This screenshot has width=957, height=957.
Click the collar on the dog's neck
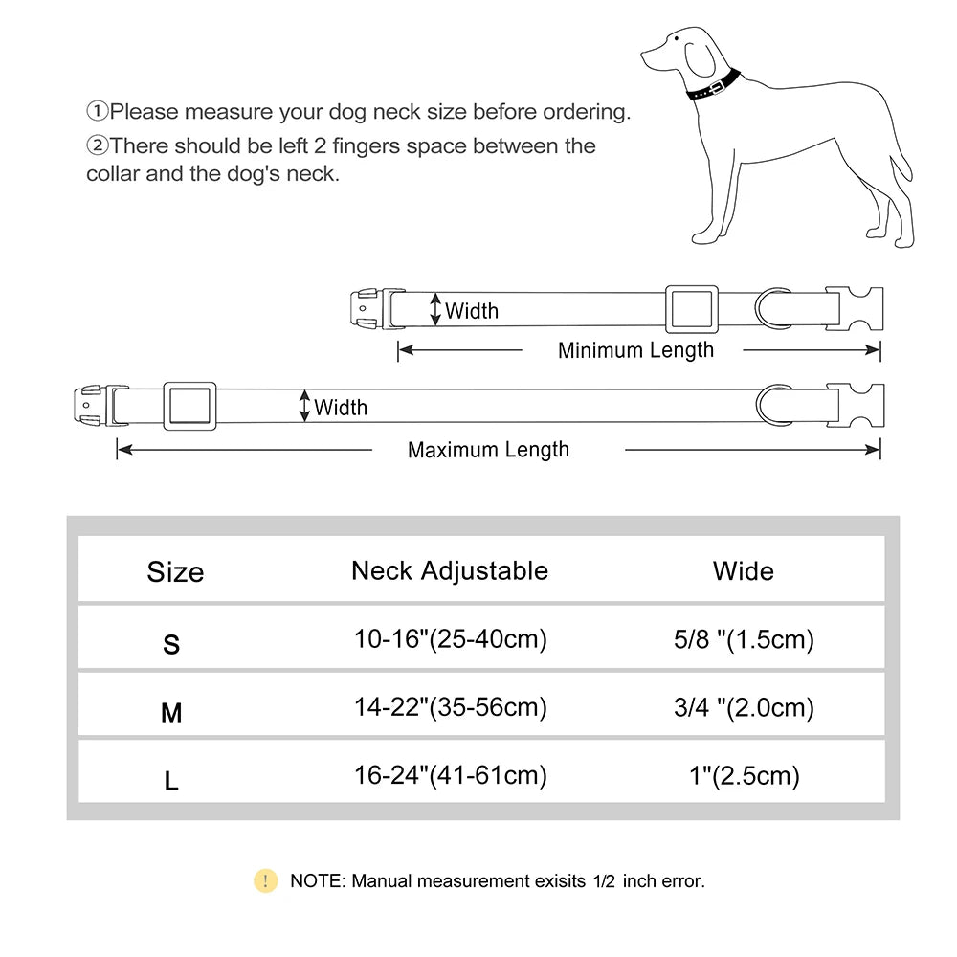(x=713, y=86)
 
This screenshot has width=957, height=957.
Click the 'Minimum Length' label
(x=635, y=350)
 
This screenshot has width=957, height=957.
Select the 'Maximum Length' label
(x=488, y=450)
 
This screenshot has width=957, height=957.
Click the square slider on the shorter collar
(x=691, y=309)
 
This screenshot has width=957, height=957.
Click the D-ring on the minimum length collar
(x=770, y=309)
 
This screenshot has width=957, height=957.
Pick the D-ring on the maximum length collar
(x=771, y=407)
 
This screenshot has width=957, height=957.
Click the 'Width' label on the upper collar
(x=471, y=310)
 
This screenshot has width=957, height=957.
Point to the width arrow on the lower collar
(x=305, y=406)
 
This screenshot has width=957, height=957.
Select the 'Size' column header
(x=175, y=572)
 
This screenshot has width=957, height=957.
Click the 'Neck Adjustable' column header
(x=450, y=571)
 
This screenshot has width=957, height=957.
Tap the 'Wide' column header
(x=744, y=571)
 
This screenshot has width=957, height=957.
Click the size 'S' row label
(x=171, y=645)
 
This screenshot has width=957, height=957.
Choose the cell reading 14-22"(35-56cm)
(x=450, y=707)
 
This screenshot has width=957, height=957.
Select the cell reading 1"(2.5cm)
(x=744, y=775)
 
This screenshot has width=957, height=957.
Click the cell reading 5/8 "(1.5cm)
(x=744, y=639)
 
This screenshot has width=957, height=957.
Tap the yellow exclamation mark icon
(x=265, y=880)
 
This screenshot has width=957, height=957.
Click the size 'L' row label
(x=171, y=782)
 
